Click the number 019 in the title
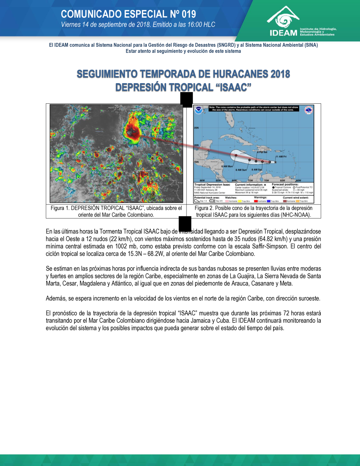(x=189, y=14)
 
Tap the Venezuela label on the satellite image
(x=145, y=170)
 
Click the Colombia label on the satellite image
(x=109, y=189)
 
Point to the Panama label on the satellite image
(x=73, y=163)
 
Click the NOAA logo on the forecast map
(x=199, y=110)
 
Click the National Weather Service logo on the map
(x=309, y=110)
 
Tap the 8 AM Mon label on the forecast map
(x=227, y=166)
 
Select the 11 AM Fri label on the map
(x=281, y=157)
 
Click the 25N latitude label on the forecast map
(x=197, y=128)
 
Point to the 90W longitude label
(x=202, y=180)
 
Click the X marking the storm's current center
(x=275, y=162)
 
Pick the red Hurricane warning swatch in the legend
(x=256, y=201)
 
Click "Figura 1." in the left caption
(x=60, y=208)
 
